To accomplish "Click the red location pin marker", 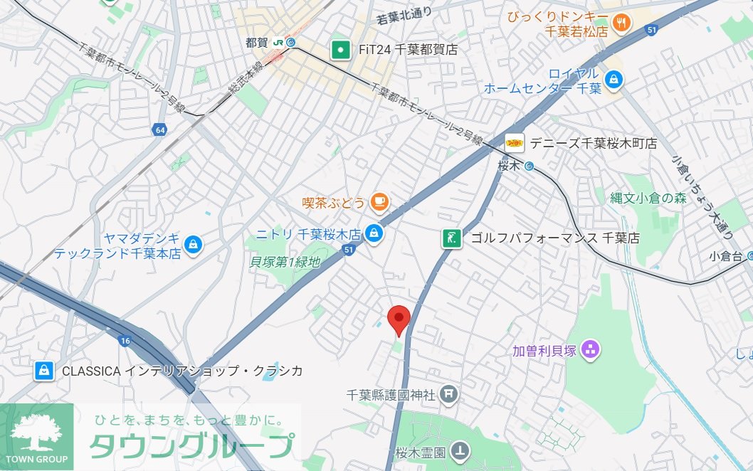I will point(399,319).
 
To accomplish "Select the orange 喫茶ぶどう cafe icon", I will point(379,203).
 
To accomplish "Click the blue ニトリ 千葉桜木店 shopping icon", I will point(373,233).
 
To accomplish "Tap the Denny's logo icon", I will point(515,143).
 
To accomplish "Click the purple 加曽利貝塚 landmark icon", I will point(590,349).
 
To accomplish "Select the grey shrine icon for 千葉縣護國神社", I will point(448,393).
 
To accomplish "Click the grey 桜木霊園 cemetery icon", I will point(462,450).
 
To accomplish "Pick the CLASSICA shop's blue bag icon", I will point(44,371).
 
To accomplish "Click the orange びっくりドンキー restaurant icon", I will point(621,23).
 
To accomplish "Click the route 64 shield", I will point(159,129).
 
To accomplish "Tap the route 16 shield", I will point(125,341).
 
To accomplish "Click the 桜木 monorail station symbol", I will point(529,166).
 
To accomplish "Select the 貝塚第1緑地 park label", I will point(285,262).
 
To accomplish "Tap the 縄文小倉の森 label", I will point(648,199).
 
